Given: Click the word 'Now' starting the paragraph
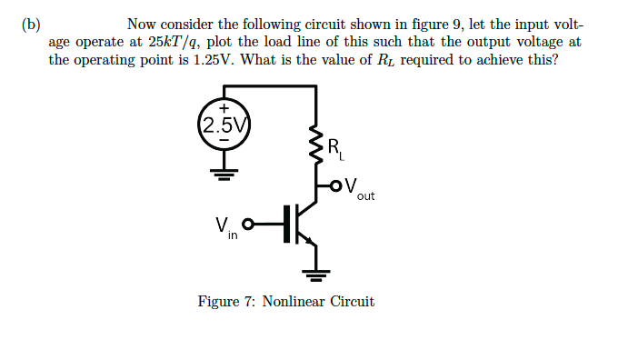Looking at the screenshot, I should pyautogui.click(x=143, y=25).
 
